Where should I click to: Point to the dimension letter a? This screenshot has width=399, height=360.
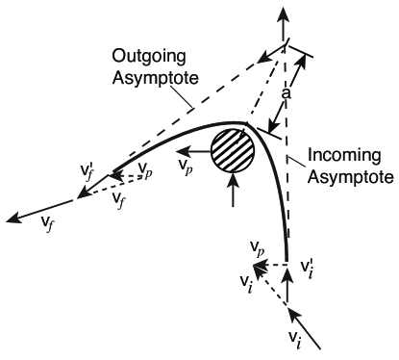(x=286, y=96)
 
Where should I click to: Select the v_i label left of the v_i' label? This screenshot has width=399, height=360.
(x=248, y=281)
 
